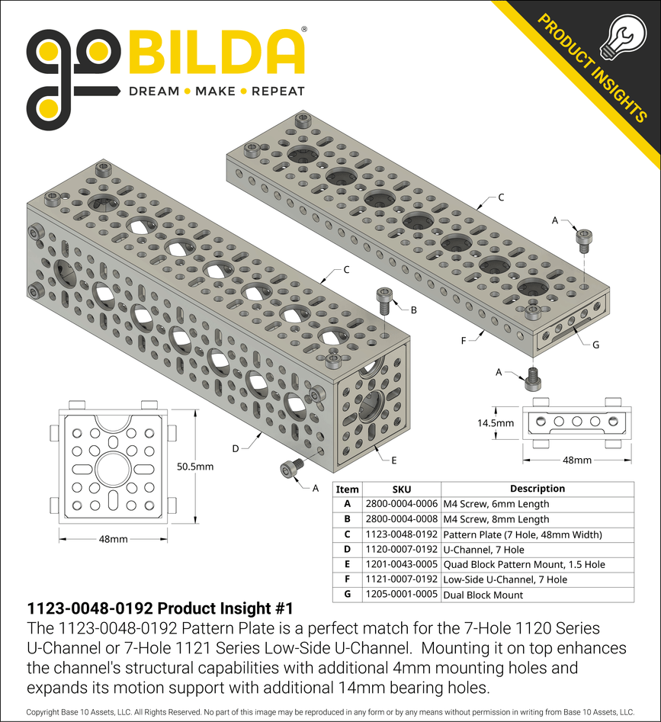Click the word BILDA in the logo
(x=216, y=53)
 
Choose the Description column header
(x=537, y=489)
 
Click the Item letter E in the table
(x=347, y=565)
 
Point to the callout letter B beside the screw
(x=413, y=310)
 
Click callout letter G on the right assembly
(x=595, y=345)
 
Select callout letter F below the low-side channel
(x=463, y=341)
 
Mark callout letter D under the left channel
(x=236, y=448)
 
